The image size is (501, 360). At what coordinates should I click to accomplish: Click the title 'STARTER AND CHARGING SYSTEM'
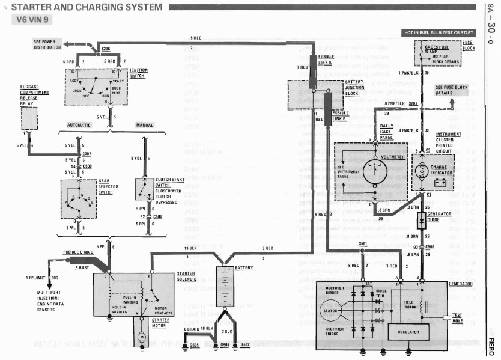coord(87,7)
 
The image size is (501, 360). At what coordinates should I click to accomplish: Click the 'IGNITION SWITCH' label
coord(139,73)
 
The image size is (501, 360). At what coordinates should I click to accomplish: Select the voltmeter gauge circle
coord(375,171)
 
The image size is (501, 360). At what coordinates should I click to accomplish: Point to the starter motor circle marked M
coord(142,337)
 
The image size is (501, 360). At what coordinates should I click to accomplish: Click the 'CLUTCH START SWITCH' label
coord(170,185)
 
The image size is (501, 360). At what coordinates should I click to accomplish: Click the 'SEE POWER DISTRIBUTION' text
coord(47,44)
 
